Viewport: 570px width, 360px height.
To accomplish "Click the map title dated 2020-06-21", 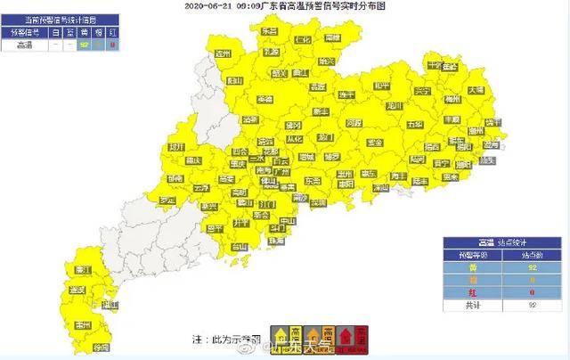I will tap(284, 5).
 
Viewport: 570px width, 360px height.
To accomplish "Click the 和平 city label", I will tap(381, 86).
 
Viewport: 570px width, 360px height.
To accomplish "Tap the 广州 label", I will tap(281, 163).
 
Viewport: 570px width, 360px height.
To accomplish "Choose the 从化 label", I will tap(296, 139).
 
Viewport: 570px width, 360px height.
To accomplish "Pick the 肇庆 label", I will tap(237, 164).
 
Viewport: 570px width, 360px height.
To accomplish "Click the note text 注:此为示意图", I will tap(226, 340).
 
